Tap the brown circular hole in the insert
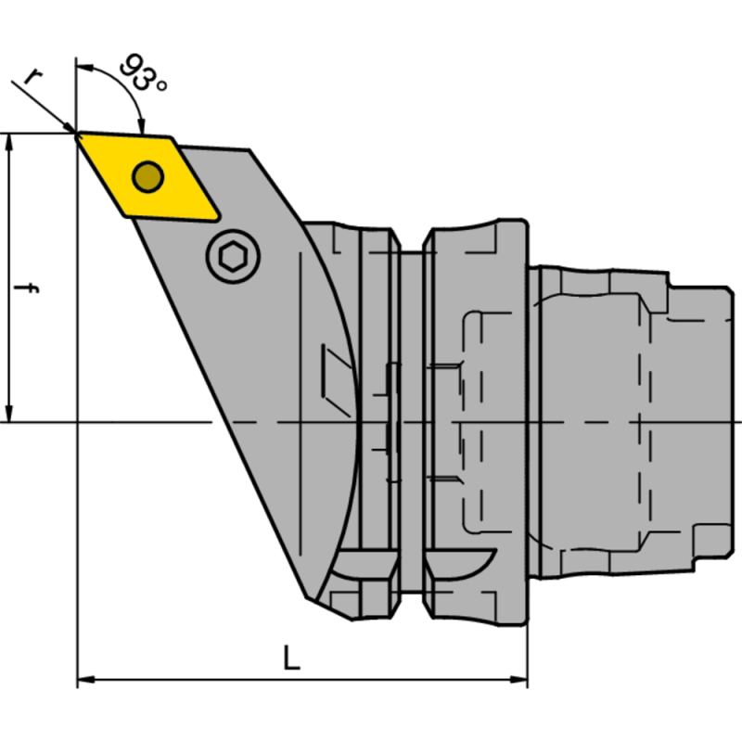147,175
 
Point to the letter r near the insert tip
32,76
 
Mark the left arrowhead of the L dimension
83,680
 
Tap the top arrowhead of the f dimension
9,141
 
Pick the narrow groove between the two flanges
410,417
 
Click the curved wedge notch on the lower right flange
461,563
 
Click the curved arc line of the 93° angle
116,79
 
